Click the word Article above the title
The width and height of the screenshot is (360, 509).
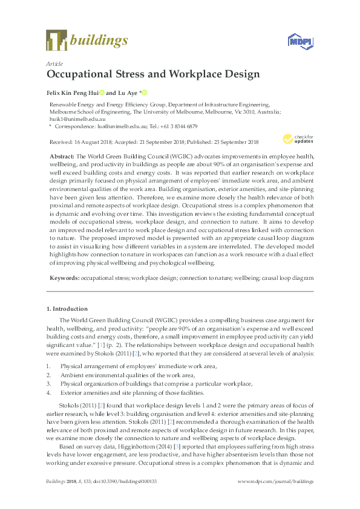click(55, 63)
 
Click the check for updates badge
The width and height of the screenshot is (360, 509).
click(295, 138)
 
